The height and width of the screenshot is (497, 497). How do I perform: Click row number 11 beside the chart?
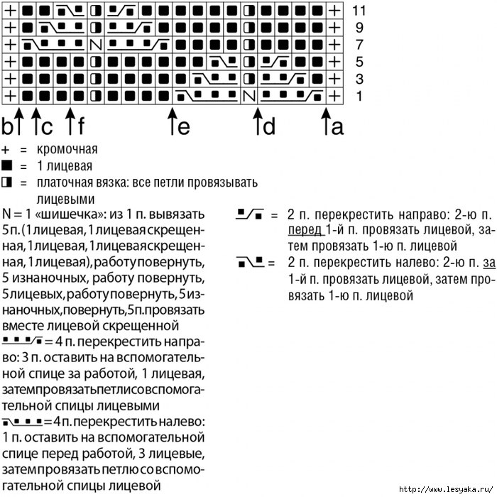point(359,11)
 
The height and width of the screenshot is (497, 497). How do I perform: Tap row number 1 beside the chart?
point(359,95)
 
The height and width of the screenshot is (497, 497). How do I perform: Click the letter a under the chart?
point(338,127)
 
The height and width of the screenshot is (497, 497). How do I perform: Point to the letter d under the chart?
point(269,127)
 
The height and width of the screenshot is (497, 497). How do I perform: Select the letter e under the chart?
point(183,127)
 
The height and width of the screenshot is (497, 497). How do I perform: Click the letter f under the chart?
point(80,127)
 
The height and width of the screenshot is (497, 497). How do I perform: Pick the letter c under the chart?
point(47,127)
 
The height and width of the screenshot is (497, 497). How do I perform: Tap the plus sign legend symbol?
point(6,151)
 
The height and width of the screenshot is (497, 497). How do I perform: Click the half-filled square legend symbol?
point(7,183)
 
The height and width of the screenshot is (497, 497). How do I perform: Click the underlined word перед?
point(305,230)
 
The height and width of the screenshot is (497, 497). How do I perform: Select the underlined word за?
point(487,263)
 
